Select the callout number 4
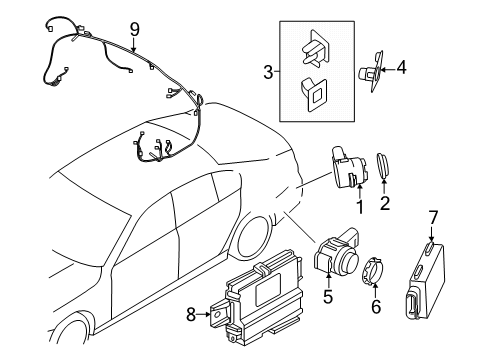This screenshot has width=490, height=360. click(403, 69)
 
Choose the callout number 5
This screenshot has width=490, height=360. click(325, 297)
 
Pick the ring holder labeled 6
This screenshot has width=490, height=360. click(372, 270)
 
